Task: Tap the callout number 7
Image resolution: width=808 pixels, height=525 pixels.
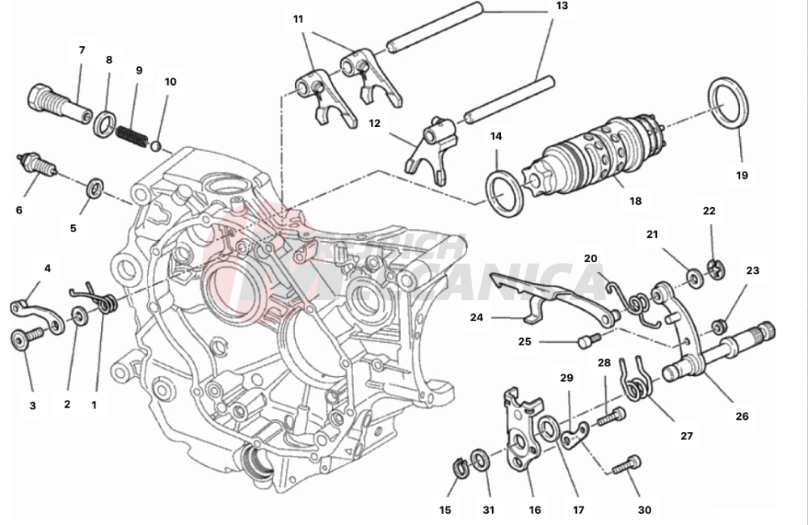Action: tap(82, 50)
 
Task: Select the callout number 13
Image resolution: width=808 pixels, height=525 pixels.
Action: tap(562, 6)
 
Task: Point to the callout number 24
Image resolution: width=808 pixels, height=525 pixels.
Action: tap(477, 318)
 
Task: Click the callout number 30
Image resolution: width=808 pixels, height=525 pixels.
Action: tap(644, 510)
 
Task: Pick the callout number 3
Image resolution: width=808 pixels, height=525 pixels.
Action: tap(32, 406)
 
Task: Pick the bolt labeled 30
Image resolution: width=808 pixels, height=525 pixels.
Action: tap(626, 465)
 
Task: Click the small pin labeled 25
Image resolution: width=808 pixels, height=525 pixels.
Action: tap(585, 343)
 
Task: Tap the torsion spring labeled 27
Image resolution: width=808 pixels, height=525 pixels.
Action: tap(636, 379)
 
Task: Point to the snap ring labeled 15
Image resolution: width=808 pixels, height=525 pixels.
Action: tap(458, 467)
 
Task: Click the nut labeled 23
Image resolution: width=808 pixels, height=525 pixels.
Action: tap(717, 327)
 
